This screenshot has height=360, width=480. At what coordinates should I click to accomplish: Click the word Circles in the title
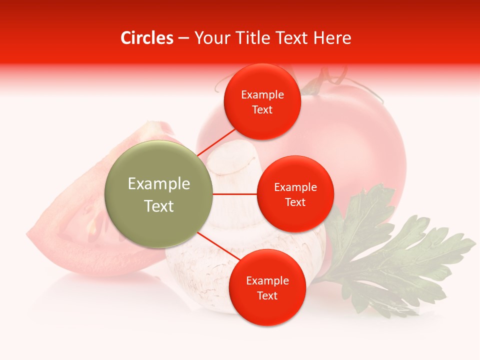pyautogui.click(x=147, y=38)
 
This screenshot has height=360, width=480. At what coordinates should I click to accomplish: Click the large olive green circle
pyautogui.click(x=159, y=194)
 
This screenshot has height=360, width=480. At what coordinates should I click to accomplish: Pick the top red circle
pyautogui.click(x=262, y=102)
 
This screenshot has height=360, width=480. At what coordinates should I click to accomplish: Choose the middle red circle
pyautogui.click(x=295, y=194)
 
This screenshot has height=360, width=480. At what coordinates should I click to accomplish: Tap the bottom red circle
pyautogui.click(x=267, y=288)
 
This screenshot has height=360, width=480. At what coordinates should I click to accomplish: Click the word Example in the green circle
pyautogui.click(x=159, y=184)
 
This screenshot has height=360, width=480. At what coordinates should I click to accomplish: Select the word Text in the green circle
pyautogui.click(x=159, y=206)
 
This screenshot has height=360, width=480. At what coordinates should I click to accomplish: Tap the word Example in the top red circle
pyautogui.click(x=262, y=95)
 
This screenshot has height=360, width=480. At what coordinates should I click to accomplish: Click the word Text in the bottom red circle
pyautogui.click(x=267, y=296)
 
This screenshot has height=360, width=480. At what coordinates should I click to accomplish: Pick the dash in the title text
pyautogui.click(x=183, y=38)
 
